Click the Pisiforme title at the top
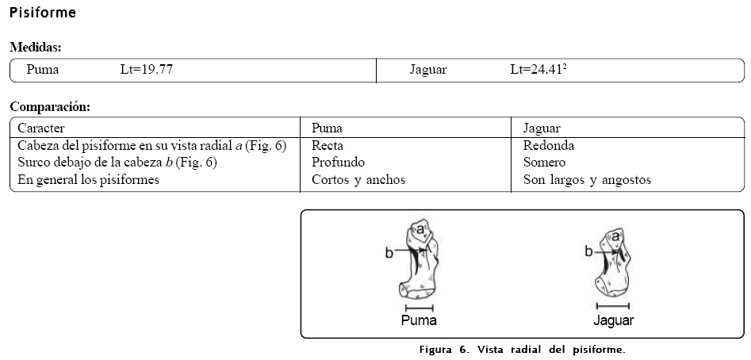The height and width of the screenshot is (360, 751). pos(43,13)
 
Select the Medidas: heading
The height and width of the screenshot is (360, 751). pos(36,48)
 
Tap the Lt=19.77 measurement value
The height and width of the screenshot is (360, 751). pos(147,70)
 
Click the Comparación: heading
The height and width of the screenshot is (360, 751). pos(50,106)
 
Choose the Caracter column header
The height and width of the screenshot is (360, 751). pos(41,128)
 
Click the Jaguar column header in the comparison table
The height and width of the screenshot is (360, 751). pos(542,128)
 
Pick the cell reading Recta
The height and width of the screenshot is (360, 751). pos(327,145)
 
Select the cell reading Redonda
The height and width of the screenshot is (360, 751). pos(549,145)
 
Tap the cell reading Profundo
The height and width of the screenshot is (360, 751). pos(338,163)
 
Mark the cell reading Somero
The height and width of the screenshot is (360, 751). pos(544,163)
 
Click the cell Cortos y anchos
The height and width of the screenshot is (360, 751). pos(358,180)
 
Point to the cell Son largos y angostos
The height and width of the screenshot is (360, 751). pos(587,180)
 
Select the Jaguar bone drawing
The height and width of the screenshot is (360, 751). pos(615,262)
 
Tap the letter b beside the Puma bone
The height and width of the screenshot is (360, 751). pos(389,253)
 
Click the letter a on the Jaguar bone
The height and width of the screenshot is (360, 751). pos(615,236)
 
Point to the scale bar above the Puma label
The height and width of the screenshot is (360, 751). pos(419,308)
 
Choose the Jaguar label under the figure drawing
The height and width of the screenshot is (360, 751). pos(613,321)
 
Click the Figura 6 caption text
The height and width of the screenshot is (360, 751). pos(522,350)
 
